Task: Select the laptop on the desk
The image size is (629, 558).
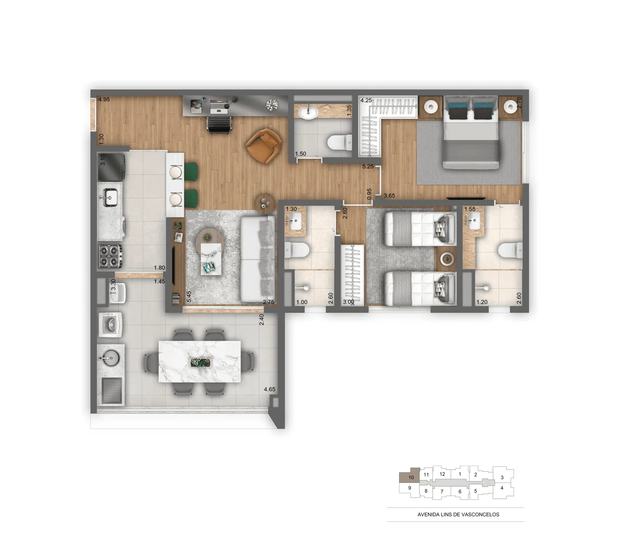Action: click(219, 106)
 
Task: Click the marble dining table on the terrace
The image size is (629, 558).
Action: click(200, 362)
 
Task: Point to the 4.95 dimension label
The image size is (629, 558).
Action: click(104, 100)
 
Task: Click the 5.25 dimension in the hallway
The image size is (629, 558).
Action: click(368, 166)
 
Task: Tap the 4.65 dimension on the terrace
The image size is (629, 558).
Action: click(270, 389)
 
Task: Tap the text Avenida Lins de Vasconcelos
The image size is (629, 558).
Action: click(458, 514)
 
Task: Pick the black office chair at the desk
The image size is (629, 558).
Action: click(219, 125)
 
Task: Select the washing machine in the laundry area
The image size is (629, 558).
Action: click(110, 325)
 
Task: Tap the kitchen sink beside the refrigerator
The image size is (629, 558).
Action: click(108, 197)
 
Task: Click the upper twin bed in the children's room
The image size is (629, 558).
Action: click(420, 229)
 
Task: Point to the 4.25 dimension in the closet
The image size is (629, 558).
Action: click(366, 100)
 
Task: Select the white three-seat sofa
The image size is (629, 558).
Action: click(258, 259)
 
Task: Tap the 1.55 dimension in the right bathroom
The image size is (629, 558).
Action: click(470, 209)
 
